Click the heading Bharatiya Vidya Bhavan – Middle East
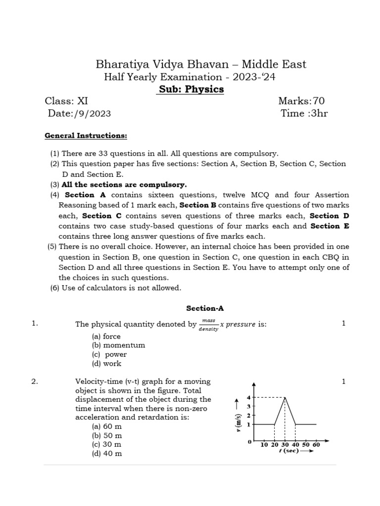pos(200,64)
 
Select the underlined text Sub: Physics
pos(191,89)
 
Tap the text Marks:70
pos(301,101)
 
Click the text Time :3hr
pos(304,114)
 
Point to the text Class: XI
pos(66,101)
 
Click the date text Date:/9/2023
pos(79,114)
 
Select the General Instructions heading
pos(86,135)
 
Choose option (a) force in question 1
pos(106,337)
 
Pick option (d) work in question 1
pos(106,364)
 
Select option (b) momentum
pos(118,345)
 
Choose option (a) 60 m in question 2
pos(107,426)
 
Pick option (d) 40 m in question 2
pos(107,454)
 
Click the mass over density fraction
pos(208,325)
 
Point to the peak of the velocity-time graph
pos(285,397)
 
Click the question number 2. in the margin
pos(35,381)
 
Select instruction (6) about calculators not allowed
pos(115,288)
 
